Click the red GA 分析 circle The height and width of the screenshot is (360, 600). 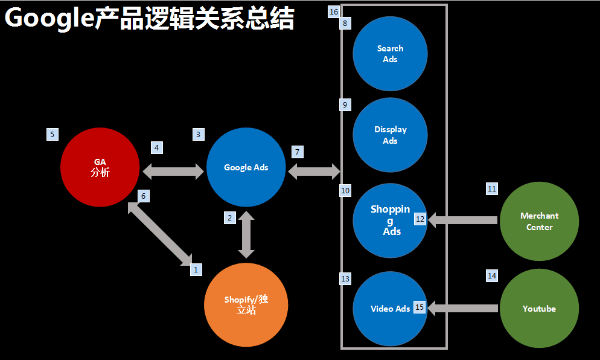100,167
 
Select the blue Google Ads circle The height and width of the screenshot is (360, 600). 246,167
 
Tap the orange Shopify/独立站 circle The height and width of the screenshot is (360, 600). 246,304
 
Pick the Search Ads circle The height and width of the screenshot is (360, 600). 390,54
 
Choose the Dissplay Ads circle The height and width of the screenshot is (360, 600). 390,135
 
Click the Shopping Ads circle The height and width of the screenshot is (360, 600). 390,221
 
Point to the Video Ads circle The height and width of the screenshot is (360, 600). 390,308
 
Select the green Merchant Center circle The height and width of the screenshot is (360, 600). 539,221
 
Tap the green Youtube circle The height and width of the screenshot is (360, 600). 539,308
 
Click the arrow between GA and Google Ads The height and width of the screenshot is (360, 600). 173,172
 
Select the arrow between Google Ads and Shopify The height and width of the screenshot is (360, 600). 246,235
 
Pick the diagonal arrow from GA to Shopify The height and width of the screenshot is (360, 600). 161,234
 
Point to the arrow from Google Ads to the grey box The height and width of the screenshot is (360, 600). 314,172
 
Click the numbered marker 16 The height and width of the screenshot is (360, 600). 334,12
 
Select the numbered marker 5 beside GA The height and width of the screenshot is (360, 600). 53,134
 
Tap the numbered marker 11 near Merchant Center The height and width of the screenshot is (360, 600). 492,189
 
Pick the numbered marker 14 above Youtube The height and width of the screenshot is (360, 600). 492,275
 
